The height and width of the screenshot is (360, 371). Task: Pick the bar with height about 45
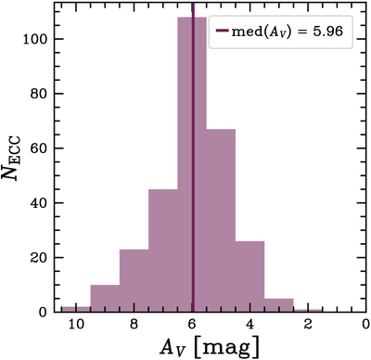click(x=163, y=251)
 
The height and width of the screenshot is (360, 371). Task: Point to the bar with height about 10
click(x=105, y=298)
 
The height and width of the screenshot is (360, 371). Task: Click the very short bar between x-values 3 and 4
click(x=279, y=305)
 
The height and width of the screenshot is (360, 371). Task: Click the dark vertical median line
click(x=193, y=111)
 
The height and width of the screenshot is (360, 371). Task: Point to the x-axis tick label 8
click(x=134, y=326)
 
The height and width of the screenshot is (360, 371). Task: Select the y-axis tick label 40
click(x=43, y=203)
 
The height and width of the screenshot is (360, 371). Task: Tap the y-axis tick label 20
click(x=43, y=257)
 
